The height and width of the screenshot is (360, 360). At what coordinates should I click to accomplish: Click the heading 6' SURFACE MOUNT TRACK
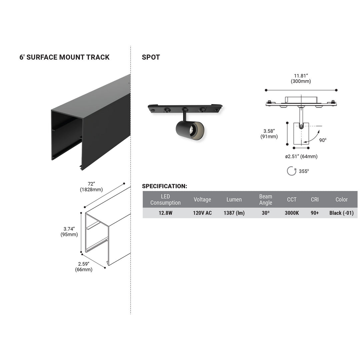(x=64, y=57)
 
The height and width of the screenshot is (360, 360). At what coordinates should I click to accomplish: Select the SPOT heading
(x=151, y=57)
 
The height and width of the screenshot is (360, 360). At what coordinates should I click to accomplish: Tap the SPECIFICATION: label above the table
(x=164, y=186)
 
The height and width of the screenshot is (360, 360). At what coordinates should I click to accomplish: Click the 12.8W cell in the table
(x=165, y=213)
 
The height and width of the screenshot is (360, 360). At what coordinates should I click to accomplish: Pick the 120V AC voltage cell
(x=202, y=213)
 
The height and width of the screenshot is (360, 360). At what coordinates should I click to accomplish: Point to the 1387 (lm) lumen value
(x=234, y=213)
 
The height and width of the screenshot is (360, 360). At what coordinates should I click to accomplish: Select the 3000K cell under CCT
(x=292, y=213)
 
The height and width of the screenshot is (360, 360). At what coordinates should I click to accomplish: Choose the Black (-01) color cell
(x=341, y=213)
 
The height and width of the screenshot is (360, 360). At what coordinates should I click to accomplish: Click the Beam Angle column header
(x=266, y=199)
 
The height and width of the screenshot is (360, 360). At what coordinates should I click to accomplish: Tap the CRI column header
(x=315, y=199)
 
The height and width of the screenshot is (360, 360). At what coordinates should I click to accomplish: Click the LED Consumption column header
(x=165, y=199)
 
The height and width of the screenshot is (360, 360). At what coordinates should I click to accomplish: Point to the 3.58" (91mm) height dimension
(x=269, y=133)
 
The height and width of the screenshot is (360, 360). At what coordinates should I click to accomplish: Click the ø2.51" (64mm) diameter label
(x=301, y=157)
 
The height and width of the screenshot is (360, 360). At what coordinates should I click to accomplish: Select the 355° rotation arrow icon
(x=292, y=171)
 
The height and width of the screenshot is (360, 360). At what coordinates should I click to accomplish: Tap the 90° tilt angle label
(x=323, y=140)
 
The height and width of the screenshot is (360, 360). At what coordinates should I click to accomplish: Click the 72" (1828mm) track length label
(x=91, y=187)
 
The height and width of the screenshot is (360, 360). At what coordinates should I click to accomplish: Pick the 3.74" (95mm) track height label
(x=69, y=232)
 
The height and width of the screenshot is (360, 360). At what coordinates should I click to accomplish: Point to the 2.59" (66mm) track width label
(x=84, y=267)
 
